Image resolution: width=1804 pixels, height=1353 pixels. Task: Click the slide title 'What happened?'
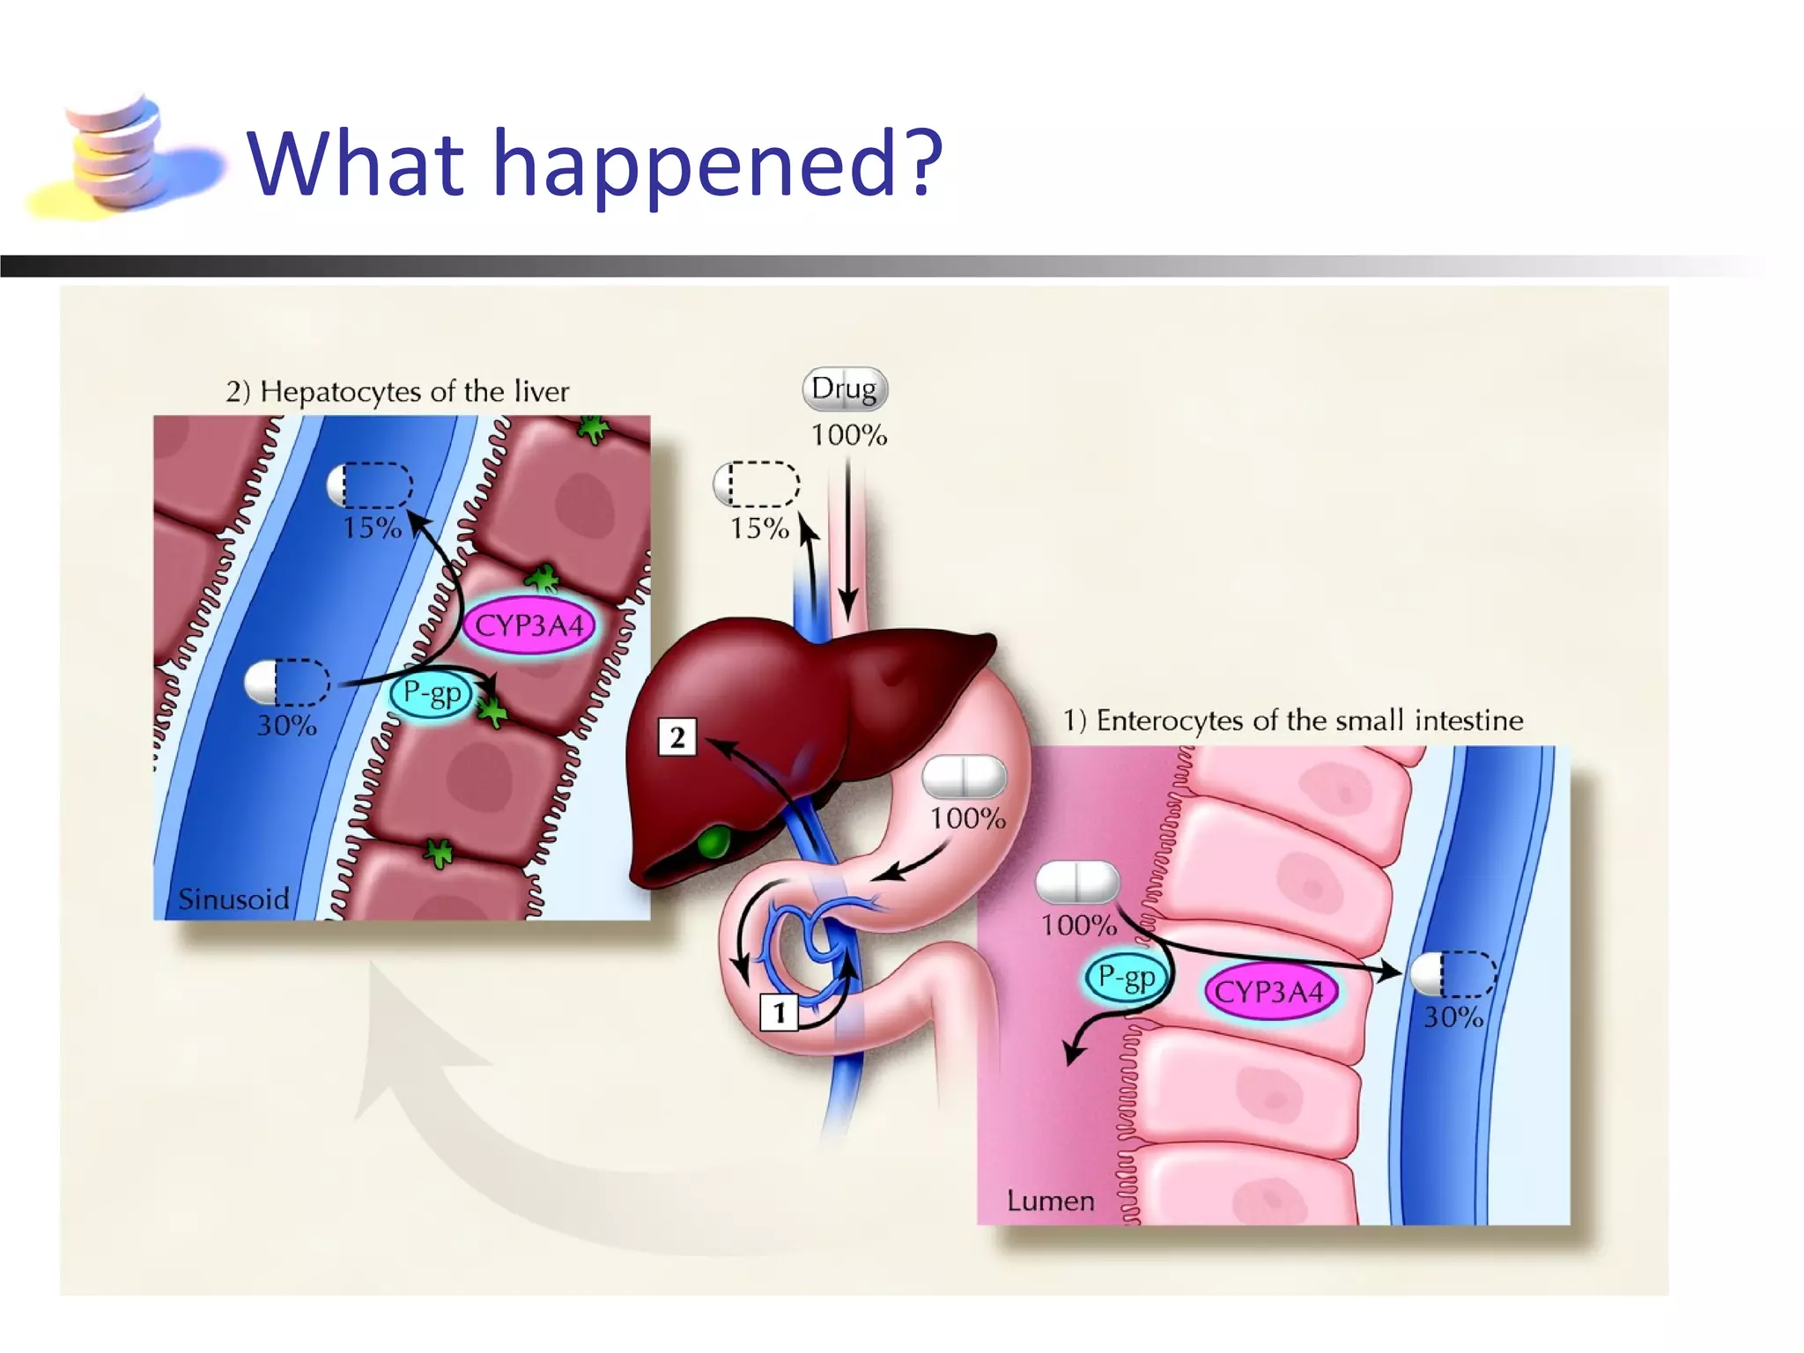pos(595,163)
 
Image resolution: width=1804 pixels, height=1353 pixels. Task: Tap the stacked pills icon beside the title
pos(119,154)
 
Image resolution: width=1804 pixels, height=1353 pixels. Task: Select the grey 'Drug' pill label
pos(844,388)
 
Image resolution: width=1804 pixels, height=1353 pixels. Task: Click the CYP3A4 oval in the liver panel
pos(529,626)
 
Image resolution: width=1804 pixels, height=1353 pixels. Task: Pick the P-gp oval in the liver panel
pos(432,694)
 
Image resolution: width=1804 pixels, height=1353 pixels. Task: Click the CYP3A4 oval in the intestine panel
pos(1269,993)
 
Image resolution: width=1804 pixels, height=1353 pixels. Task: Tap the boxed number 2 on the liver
pos(677,737)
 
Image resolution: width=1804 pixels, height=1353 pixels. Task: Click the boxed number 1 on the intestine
pos(779,1012)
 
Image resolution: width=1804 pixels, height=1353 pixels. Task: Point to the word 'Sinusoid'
pos(233,899)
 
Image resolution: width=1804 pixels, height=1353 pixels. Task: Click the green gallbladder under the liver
pos(714,841)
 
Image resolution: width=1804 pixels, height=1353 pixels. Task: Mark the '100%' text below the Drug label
pos(848,435)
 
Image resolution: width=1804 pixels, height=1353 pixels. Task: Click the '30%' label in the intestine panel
pos(1453,1017)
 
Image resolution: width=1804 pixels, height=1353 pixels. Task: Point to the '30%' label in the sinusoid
pos(286,726)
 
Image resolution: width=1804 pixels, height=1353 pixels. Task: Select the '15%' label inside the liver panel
pos(372,528)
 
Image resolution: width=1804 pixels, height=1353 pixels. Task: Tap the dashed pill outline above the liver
pos(757,484)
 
